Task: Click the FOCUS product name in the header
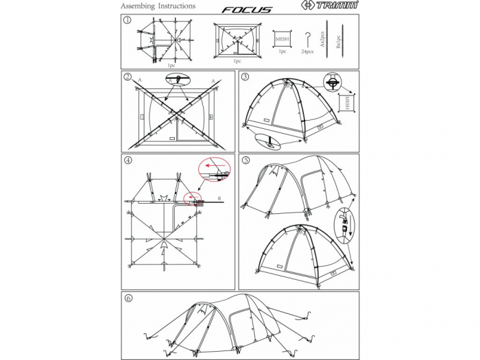coord(247,10)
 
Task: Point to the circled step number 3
coord(245,77)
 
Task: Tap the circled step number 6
coord(128,298)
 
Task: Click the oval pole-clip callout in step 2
coord(178,80)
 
